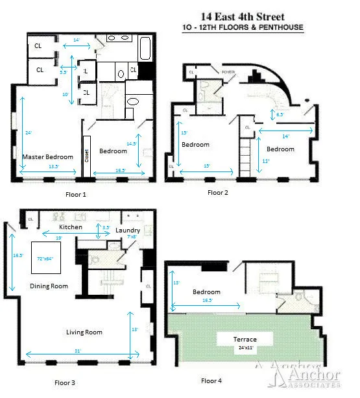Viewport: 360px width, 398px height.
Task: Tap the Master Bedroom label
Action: (x=47, y=157)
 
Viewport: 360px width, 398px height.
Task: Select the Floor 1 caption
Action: (x=76, y=194)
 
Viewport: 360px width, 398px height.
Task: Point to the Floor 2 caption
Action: (x=219, y=192)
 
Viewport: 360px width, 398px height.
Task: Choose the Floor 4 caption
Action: (x=212, y=380)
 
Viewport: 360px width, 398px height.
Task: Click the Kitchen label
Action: (x=71, y=227)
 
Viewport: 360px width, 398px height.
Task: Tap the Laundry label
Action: (x=127, y=230)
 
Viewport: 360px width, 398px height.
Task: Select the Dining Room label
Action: (x=49, y=286)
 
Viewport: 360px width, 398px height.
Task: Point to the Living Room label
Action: (x=84, y=332)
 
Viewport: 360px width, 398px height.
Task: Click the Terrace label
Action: (x=245, y=340)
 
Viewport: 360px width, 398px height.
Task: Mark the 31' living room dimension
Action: (x=77, y=351)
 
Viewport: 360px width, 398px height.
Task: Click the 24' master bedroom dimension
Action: (x=28, y=133)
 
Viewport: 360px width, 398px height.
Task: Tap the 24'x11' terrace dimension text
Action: (x=245, y=347)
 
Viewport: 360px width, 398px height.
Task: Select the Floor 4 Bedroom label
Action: (x=206, y=292)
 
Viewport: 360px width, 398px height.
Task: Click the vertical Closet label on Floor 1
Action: (x=86, y=156)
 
